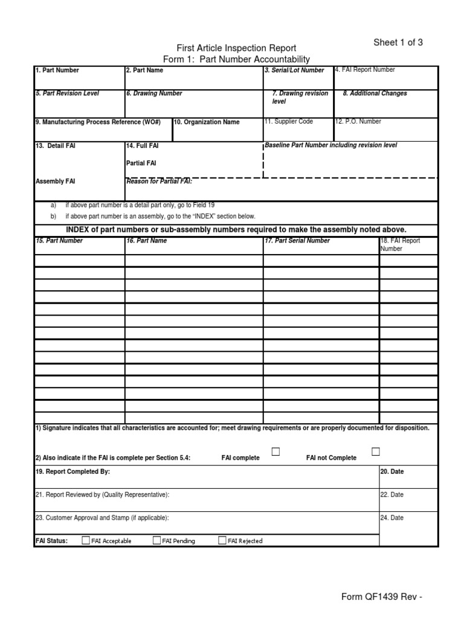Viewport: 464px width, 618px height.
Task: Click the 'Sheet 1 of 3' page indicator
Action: [398, 42]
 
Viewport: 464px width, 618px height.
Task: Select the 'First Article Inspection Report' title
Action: [236, 48]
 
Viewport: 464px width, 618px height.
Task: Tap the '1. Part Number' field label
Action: [57, 71]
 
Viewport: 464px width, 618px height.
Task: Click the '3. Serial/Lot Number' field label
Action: [294, 71]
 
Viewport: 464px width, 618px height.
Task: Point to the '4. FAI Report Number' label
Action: [365, 70]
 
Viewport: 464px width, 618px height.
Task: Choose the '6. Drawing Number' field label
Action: [154, 94]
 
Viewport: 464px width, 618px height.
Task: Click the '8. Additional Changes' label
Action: [375, 94]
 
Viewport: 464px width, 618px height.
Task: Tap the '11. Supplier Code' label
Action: [288, 121]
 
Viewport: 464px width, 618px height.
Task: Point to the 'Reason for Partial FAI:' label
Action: [158, 182]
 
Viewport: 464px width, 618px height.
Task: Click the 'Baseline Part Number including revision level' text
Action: [331, 145]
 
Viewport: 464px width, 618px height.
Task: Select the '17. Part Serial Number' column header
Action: [297, 241]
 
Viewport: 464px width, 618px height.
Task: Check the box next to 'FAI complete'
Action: [276, 451]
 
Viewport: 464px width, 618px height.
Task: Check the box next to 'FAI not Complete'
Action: [376, 451]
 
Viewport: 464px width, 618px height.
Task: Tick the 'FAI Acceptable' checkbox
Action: [86, 540]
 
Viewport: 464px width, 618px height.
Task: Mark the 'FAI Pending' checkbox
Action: [157, 540]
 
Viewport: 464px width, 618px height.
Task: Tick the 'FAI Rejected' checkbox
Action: [222, 540]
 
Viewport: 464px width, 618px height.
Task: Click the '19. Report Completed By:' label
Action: [72, 471]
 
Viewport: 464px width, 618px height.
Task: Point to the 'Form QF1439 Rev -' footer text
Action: [381, 597]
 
